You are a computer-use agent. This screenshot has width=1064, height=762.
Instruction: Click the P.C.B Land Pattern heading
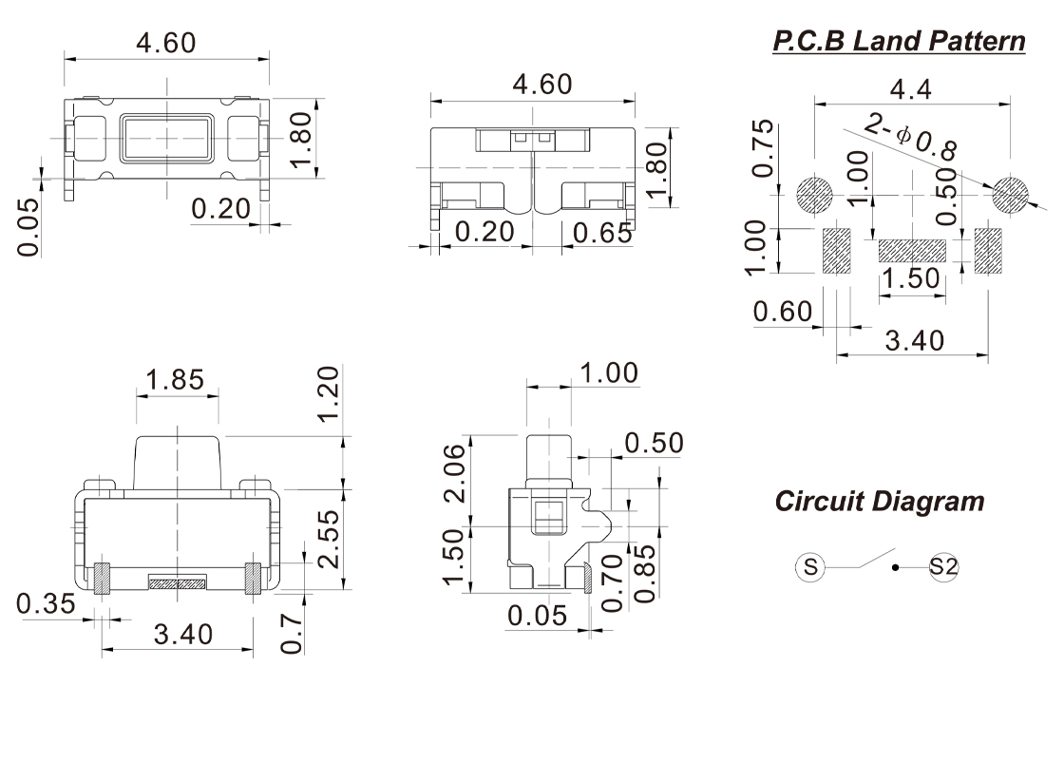click(x=899, y=42)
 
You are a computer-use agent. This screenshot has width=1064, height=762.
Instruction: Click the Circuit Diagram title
click(x=879, y=501)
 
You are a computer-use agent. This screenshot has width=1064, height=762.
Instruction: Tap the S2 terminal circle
click(x=944, y=567)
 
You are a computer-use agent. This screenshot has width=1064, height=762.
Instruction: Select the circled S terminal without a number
click(x=810, y=567)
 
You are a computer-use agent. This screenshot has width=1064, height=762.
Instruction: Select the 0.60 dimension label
click(x=783, y=311)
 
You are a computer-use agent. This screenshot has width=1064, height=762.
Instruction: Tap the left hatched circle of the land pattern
click(x=814, y=196)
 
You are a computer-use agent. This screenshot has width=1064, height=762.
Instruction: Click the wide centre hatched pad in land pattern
click(x=912, y=250)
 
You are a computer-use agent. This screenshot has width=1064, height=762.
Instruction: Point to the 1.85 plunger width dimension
click(x=176, y=380)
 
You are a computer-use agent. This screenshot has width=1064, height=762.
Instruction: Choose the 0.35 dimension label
click(x=47, y=604)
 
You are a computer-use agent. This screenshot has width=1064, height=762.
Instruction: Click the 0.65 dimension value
click(x=601, y=233)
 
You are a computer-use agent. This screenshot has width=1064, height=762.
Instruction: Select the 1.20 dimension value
click(x=327, y=397)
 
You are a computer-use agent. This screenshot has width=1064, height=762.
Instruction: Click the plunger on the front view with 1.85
click(x=178, y=460)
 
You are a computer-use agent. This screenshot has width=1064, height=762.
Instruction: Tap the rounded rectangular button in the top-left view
click(x=166, y=137)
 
